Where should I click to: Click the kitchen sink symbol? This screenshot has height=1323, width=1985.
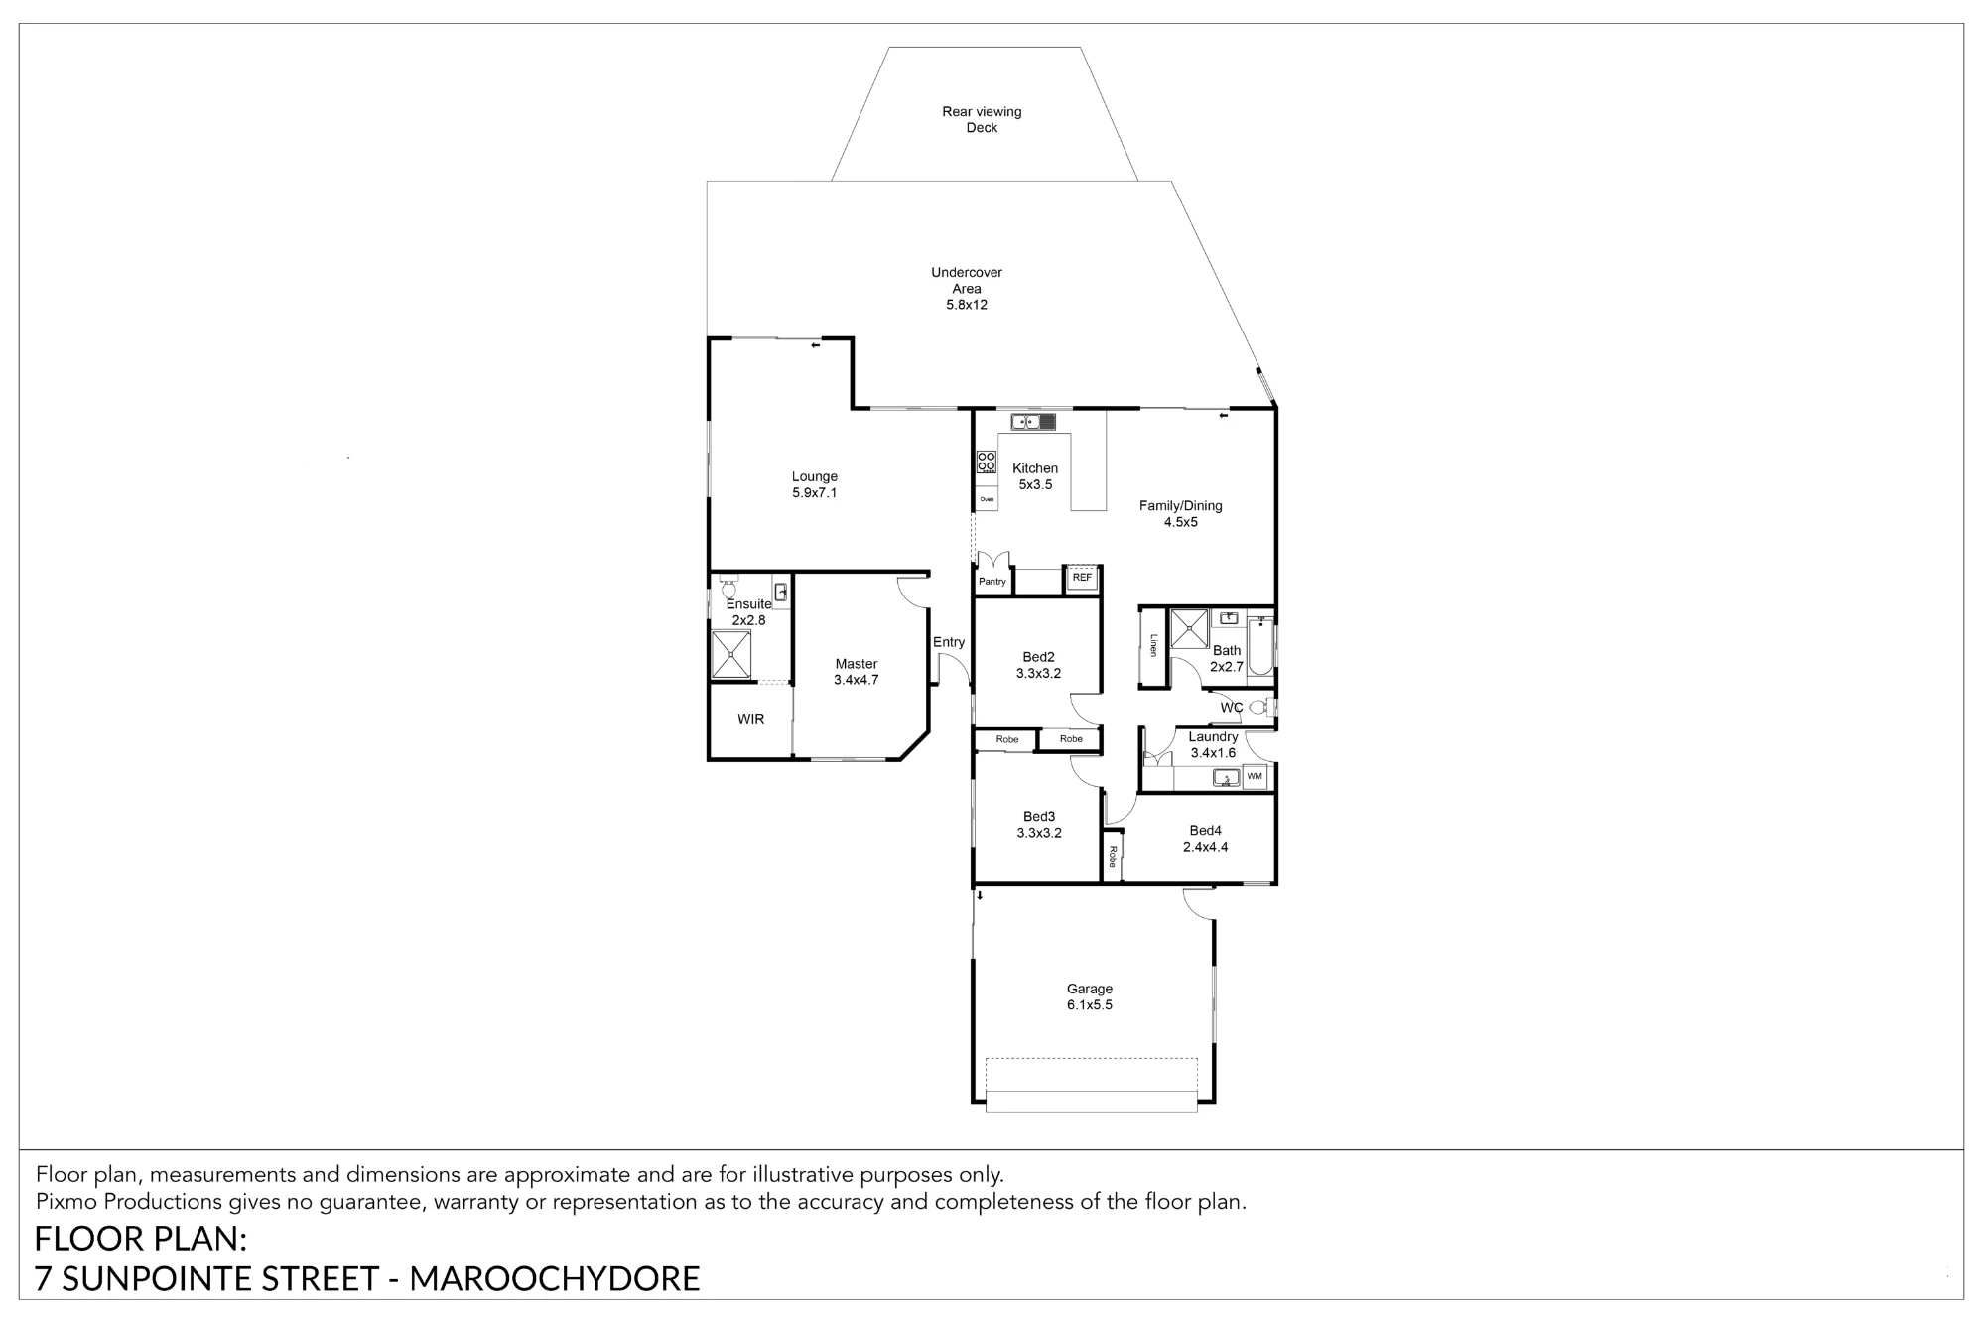1033,422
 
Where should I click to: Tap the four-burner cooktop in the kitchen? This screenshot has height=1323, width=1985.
987,462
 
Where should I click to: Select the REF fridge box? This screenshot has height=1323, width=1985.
1082,578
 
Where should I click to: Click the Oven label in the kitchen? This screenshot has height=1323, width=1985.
987,499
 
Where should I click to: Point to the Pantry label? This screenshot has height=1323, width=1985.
992,582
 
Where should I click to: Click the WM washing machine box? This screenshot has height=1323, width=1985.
1255,776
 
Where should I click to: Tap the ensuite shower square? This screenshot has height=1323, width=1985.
731,654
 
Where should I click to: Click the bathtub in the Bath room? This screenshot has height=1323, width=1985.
1260,646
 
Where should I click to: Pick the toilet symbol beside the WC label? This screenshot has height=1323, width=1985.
1260,708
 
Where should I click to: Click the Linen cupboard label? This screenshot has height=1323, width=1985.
1153,645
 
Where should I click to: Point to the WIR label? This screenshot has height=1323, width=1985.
751,719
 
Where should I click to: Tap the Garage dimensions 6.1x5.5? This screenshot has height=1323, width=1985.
1090,1005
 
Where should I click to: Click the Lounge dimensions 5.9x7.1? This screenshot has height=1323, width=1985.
815,493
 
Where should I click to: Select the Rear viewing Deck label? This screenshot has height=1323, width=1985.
982,120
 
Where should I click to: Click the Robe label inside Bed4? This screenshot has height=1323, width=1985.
1113,857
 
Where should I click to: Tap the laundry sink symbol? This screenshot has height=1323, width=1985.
1226,778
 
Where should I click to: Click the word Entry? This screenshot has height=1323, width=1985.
949,642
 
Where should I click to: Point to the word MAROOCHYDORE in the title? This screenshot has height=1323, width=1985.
555,1279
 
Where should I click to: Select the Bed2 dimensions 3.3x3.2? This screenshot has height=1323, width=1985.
1038,674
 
